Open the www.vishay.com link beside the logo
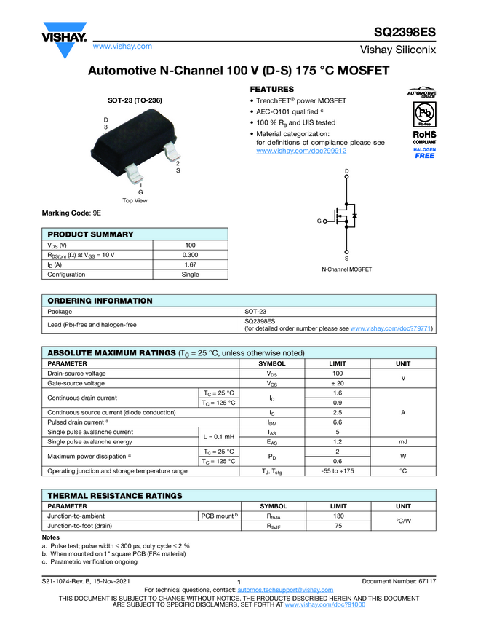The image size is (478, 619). pos(122,46)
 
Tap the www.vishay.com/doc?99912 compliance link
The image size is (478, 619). pos(301,151)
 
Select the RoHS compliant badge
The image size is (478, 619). pos(424,138)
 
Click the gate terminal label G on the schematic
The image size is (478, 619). pos(319,220)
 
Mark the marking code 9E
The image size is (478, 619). pos(97,213)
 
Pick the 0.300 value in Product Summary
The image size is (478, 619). pos(190,255)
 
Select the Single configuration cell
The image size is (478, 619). pos(190,275)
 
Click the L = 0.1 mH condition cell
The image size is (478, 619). pos(219,437)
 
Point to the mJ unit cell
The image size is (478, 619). pos(403,442)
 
